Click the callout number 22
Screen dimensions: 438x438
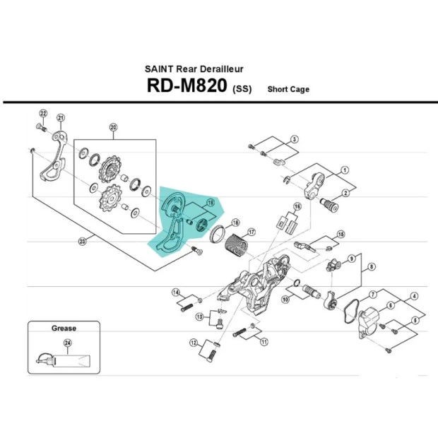tap(43, 114)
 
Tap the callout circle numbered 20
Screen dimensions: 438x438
tap(112, 127)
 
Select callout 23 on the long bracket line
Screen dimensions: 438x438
tap(82, 241)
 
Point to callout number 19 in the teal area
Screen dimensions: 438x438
tap(209, 203)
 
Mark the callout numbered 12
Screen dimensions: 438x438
tap(193, 343)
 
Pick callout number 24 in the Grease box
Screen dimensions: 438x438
tap(69, 343)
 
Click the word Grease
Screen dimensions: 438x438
tap(64, 328)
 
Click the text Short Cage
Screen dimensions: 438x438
tap(288, 90)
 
